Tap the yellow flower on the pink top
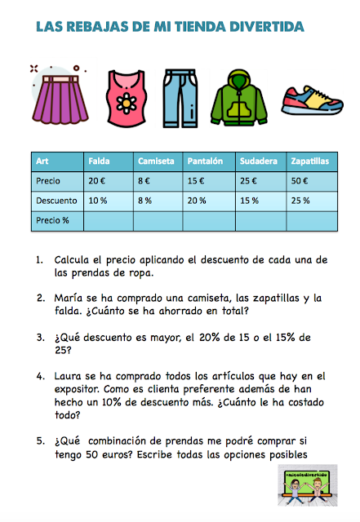[129, 104]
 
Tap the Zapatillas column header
[310, 161]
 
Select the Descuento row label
[56, 201]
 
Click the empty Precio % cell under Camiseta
[158, 220]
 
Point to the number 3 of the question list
[39, 336]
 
